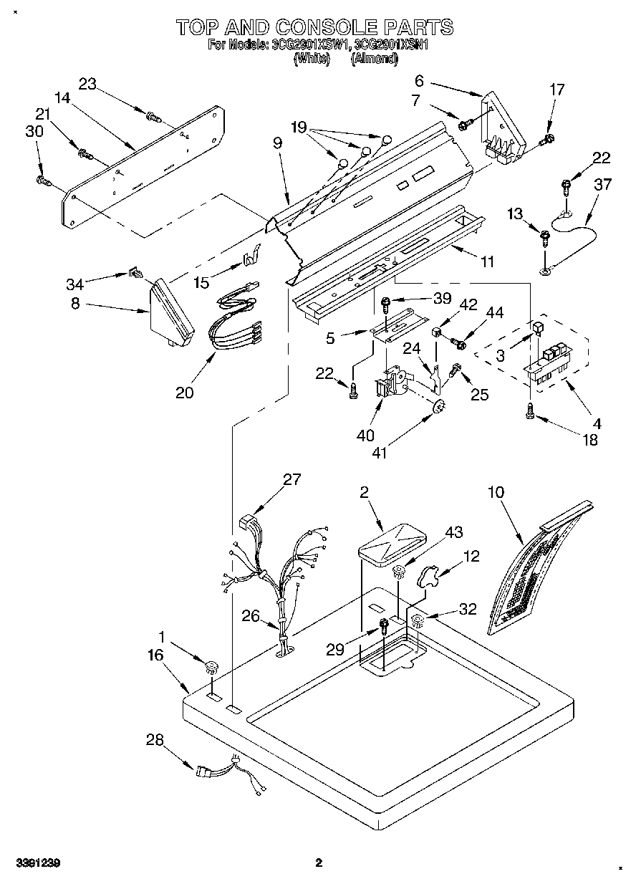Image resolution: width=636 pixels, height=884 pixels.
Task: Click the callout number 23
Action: (87, 84)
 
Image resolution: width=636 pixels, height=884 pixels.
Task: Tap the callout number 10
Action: (496, 492)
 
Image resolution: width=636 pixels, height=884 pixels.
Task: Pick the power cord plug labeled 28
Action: (204, 771)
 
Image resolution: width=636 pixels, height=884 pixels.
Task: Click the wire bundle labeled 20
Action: (233, 319)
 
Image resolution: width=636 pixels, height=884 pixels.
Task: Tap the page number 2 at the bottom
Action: (319, 863)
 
